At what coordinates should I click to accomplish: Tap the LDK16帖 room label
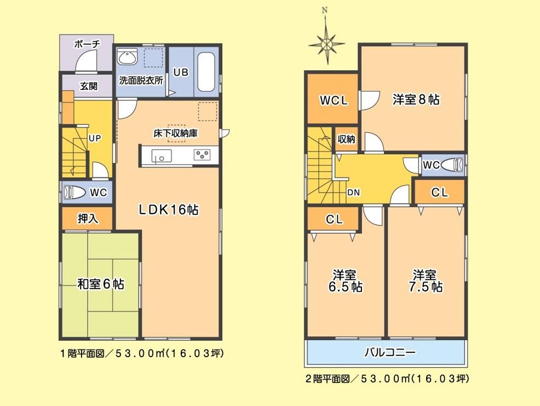[168, 209]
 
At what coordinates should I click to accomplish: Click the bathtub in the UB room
[206, 72]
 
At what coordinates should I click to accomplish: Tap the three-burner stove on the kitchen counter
[202, 155]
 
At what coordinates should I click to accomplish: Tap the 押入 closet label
[87, 219]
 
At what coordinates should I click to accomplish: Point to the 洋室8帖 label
[416, 99]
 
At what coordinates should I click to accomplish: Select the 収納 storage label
[346, 139]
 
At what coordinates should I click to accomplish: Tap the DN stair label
[354, 193]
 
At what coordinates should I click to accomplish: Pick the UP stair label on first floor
[95, 139]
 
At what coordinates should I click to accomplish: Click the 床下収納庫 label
[175, 133]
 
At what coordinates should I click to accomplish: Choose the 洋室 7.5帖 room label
[428, 280]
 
